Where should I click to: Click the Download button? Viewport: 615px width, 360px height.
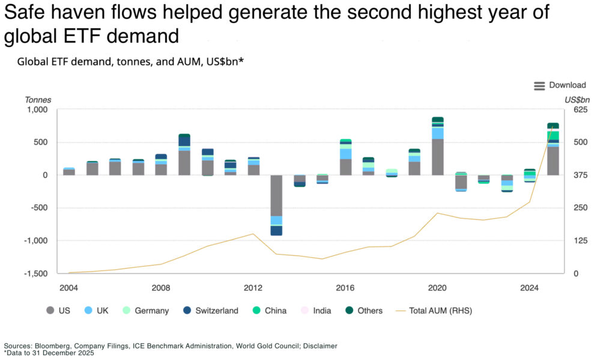click(560, 85)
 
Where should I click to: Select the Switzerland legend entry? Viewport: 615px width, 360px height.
click(211, 311)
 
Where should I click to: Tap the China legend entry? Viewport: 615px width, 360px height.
click(270, 311)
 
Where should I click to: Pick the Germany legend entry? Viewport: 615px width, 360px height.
click(145, 311)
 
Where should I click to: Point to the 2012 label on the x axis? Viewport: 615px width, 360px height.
click(253, 287)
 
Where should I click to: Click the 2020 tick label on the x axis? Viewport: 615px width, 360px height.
click(437, 287)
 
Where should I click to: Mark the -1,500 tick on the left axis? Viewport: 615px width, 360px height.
click(36, 273)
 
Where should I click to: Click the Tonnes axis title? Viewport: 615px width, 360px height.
click(38, 100)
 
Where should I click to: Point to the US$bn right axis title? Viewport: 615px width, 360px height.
click(577, 100)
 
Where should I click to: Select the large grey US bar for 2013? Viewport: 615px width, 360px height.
click(276, 195)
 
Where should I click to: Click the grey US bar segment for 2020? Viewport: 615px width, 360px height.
click(438, 157)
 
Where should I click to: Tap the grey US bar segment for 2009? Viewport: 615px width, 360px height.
click(184, 163)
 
